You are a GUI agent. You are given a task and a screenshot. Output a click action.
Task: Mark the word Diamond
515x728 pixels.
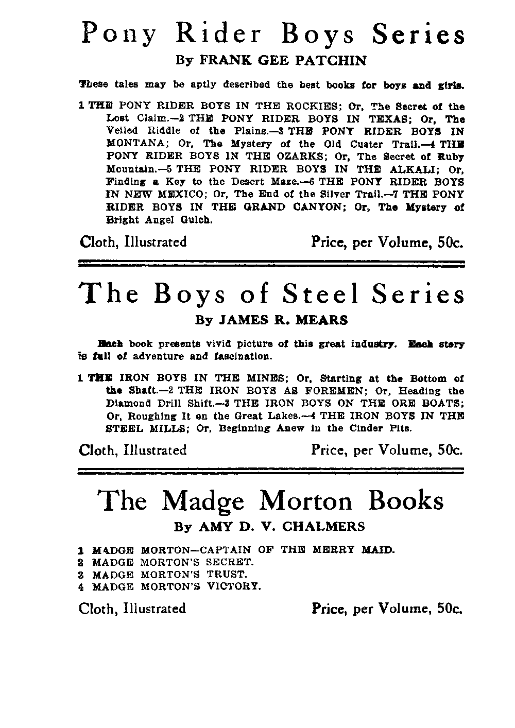tap(128, 403)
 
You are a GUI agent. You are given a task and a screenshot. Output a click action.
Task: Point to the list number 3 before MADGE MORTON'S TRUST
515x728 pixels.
tap(81, 574)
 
